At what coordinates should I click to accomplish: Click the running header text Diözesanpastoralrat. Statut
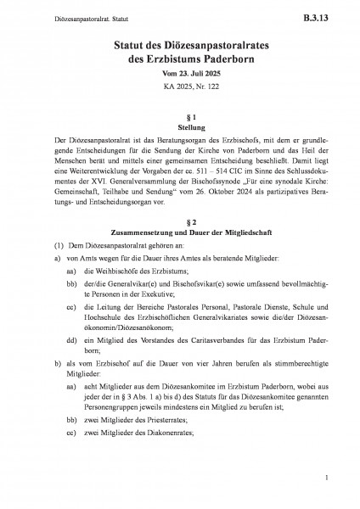[63, 15]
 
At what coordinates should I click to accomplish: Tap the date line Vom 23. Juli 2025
[179, 77]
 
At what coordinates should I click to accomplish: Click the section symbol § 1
[179, 115]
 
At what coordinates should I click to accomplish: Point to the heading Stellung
[179, 127]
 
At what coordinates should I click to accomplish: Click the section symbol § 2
[179, 221]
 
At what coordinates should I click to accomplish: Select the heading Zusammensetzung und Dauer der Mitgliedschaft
[179, 233]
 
